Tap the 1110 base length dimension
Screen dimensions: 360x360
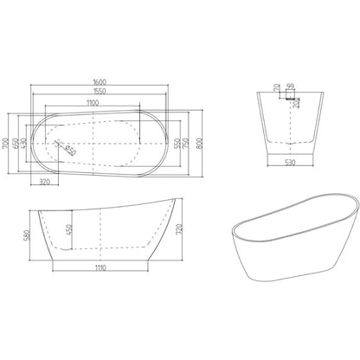[106, 269]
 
